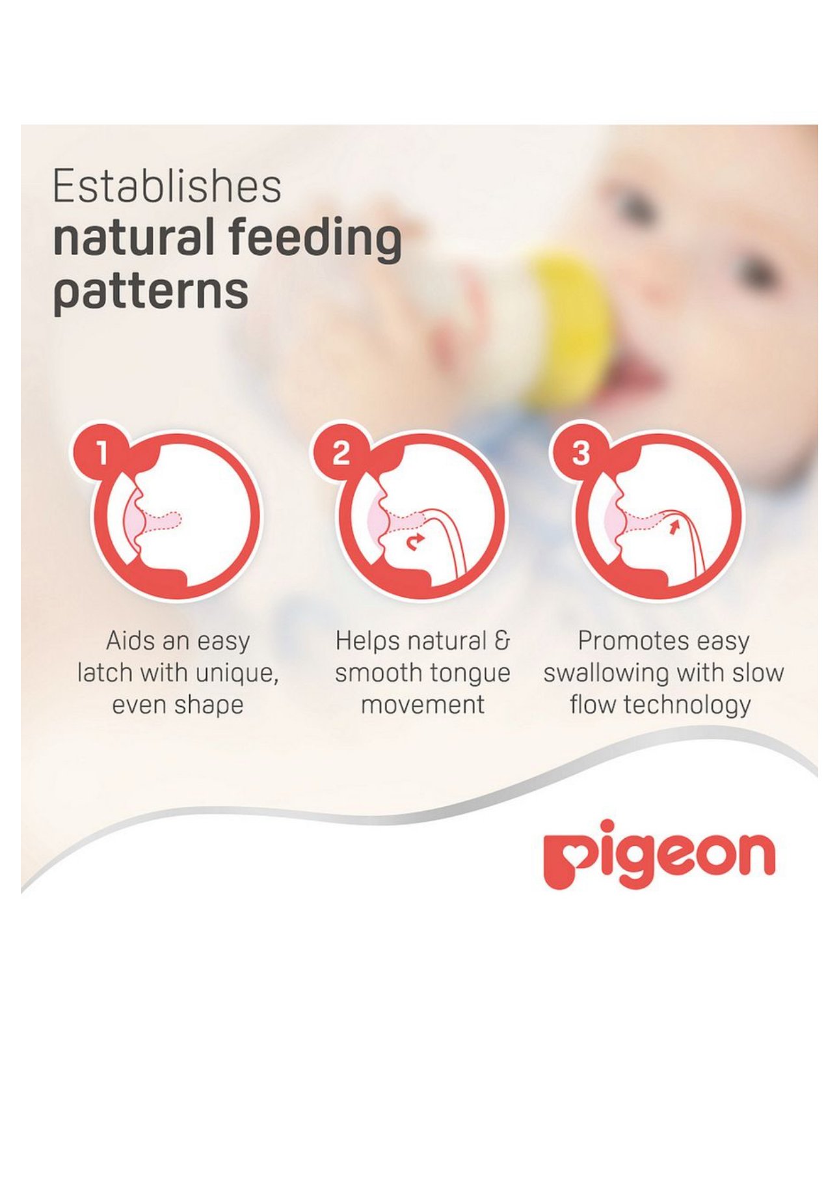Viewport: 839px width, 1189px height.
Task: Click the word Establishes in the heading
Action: (x=166, y=186)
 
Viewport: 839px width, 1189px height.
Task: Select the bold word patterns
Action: (x=150, y=292)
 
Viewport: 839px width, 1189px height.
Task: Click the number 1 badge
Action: (x=101, y=453)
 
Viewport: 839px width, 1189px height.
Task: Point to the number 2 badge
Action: (x=341, y=453)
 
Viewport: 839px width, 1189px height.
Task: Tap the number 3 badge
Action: (x=581, y=453)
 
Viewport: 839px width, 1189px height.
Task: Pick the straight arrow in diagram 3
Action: (x=673, y=525)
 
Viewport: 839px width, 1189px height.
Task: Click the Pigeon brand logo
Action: (x=659, y=854)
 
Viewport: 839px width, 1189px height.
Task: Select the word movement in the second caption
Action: (x=423, y=705)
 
